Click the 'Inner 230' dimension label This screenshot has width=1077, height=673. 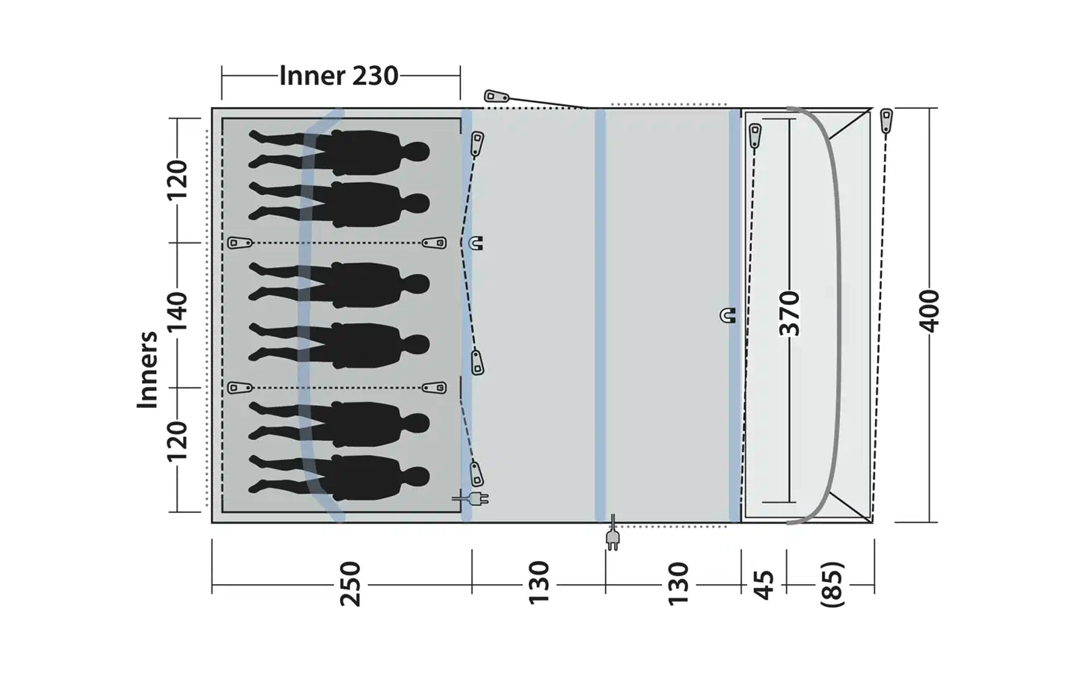point(339,76)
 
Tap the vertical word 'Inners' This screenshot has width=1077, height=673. point(147,369)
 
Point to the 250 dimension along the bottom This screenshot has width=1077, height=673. point(351,584)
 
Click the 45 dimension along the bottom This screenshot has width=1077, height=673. point(764,584)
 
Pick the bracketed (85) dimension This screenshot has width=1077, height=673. point(832,584)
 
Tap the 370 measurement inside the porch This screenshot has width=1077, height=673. point(790,314)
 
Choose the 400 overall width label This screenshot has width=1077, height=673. point(930,311)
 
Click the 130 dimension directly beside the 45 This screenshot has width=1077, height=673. point(679,584)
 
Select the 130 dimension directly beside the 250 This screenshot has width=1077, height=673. point(538,584)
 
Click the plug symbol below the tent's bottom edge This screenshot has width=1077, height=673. point(613,536)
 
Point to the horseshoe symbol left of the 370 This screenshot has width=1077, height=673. point(728,315)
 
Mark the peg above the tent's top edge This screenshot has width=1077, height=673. point(496,97)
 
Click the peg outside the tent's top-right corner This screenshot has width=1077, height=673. point(887,120)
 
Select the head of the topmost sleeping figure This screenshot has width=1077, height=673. point(417,151)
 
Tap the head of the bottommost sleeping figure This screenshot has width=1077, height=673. point(417,476)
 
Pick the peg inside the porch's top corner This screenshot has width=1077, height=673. point(755,135)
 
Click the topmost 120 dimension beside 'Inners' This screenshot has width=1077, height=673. point(178,180)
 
